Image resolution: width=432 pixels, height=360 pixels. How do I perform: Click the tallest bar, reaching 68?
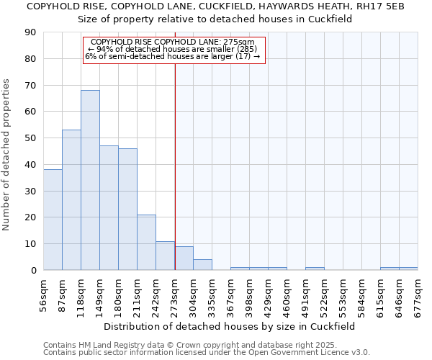(90, 180)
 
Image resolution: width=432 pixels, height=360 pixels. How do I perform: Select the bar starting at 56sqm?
(53, 220)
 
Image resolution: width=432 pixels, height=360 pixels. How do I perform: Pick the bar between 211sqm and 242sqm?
(146, 242)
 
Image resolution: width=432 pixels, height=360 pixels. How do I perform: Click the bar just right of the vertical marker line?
(184, 258)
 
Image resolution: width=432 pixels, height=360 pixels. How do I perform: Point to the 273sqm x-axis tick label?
(175, 294)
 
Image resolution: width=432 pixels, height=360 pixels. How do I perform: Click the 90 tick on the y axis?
(30, 32)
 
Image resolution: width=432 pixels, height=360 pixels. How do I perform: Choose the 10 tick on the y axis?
(30, 244)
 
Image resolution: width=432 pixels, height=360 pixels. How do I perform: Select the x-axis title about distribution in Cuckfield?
(230, 326)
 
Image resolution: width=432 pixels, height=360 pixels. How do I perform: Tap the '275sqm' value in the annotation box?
(240, 42)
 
